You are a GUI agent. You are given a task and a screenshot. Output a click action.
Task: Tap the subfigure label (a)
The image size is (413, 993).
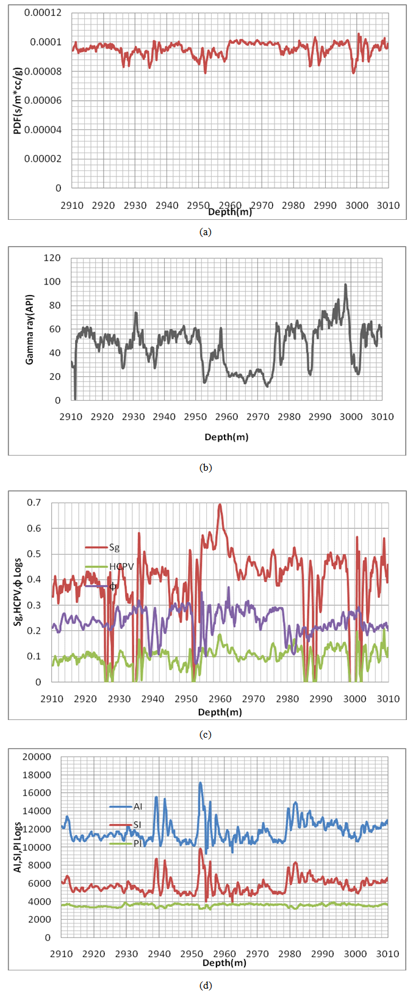click(206, 232)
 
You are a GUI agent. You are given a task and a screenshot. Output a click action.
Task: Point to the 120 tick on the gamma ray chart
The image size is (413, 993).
click(52, 258)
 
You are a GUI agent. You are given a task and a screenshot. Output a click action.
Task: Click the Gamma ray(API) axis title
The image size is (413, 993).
click(30, 330)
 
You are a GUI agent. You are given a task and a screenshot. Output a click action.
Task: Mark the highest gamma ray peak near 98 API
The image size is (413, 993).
click(345, 285)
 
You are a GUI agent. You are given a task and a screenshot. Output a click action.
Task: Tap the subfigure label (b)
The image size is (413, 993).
click(206, 468)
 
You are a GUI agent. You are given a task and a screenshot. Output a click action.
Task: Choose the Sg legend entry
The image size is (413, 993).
click(114, 547)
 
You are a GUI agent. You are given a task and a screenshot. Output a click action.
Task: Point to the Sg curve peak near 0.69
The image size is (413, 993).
click(220, 504)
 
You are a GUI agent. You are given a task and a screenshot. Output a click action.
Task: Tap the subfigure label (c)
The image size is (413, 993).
click(206, 734)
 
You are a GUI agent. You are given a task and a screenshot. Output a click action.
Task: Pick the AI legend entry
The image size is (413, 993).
click(137, 807)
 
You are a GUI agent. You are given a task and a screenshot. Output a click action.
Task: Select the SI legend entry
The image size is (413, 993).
click(137, 825)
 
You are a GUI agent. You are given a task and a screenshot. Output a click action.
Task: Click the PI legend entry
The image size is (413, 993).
click(137, 843)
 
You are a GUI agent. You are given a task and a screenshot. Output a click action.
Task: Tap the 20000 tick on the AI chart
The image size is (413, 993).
click(39, 757)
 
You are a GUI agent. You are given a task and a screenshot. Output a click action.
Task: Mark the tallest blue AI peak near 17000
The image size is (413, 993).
click(200, 783)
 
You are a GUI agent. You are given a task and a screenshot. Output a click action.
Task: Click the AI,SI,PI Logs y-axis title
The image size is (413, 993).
click(18, 846)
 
